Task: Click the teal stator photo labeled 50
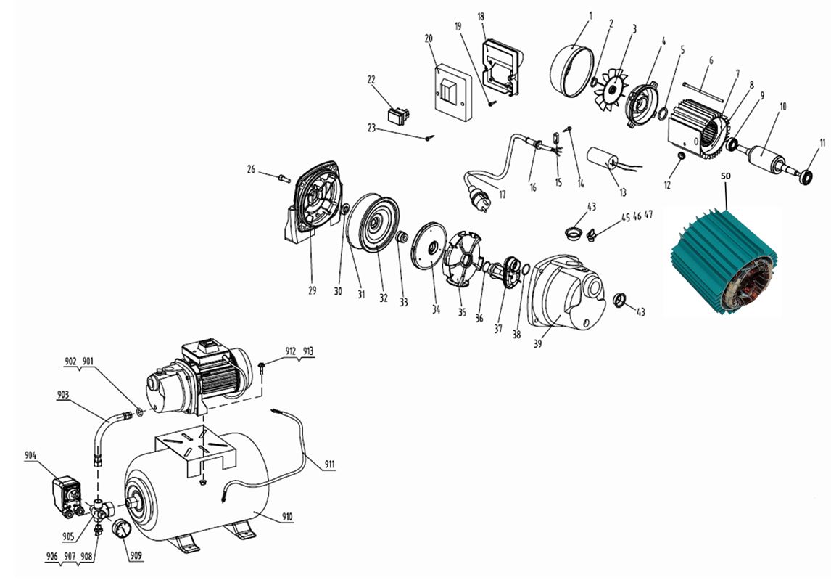[x=724, y=263]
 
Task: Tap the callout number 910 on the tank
[x=286, y=516]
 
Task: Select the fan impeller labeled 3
[x=609, y=89]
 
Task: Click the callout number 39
[x=537, y=344]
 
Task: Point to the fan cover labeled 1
[x=572, y=71]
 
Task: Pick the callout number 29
[x=312, y=290]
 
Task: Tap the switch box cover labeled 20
[x=454, y=93]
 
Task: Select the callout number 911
[x=330, y=465]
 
